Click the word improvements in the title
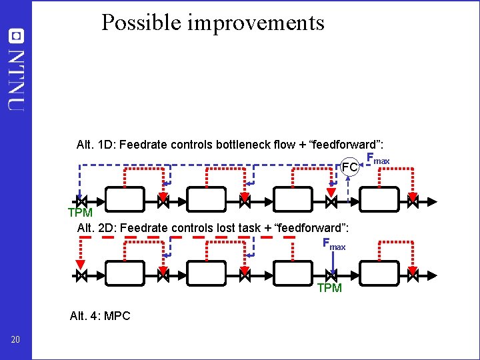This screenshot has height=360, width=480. (256, 23)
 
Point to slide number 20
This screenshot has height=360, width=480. (16, 340)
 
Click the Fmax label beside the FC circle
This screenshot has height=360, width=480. (378, 160)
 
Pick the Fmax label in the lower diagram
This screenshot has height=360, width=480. (334, 244)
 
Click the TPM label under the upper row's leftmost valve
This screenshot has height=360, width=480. (80, 213)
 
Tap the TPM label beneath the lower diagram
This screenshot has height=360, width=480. (329, 288)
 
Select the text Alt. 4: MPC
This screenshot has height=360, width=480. (100, 315)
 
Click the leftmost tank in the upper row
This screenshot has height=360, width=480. (125, 199)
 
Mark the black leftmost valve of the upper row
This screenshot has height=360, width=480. (81, 199)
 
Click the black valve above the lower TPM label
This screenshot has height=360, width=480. (331, 274)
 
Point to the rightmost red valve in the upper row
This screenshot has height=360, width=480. (413, 199)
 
